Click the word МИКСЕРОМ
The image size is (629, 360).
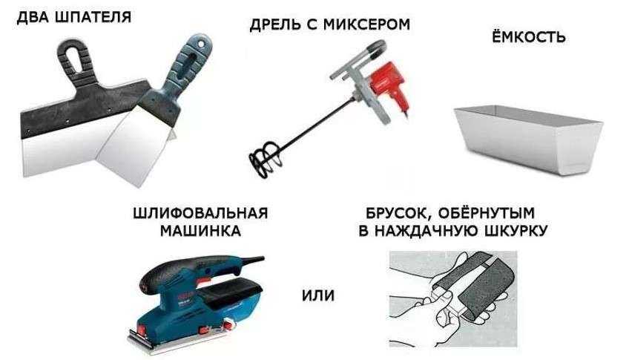366,24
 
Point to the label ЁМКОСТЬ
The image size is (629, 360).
529,37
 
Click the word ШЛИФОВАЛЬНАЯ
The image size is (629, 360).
200,213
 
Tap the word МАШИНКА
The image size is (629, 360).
200,231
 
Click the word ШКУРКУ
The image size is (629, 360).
516,231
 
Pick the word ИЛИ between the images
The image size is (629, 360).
318,295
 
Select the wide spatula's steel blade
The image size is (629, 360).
65,148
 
